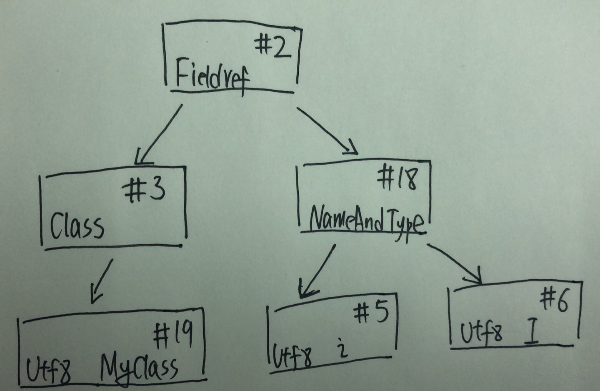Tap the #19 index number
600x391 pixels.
pos(172,336)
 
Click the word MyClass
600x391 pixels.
pos(138,368)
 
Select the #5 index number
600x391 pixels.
pos(371,313)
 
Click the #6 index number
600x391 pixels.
pos(554,301)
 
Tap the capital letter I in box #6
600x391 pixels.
pos(531,333)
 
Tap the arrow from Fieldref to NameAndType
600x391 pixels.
pos(327,130)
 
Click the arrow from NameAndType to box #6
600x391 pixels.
pos(455,263)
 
